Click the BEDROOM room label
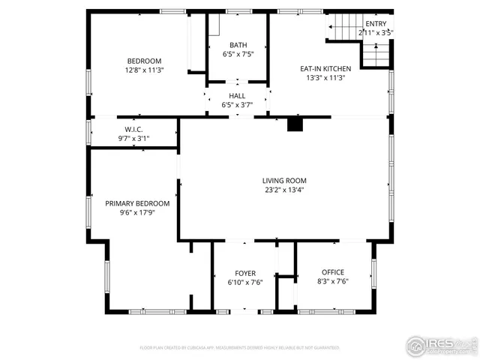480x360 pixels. point(144,61)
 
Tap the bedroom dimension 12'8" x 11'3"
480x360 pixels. point(144,70)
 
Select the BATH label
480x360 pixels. point(238,45)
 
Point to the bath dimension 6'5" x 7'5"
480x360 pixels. point(238,54)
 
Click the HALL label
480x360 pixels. point(237,96)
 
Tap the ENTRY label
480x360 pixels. point(376,23)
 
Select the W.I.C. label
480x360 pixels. point(134,129)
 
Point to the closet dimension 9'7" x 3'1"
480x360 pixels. point(134,138)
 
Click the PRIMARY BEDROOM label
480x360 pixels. point(137,203)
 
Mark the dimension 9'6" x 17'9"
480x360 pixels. point(137,212)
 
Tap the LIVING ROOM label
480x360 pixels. point(284,181)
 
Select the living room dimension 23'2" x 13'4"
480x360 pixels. point(284,190)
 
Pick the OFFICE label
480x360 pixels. point(333,272)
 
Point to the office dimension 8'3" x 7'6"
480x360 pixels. point(333,281)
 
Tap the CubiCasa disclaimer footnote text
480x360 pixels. point(240,348)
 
